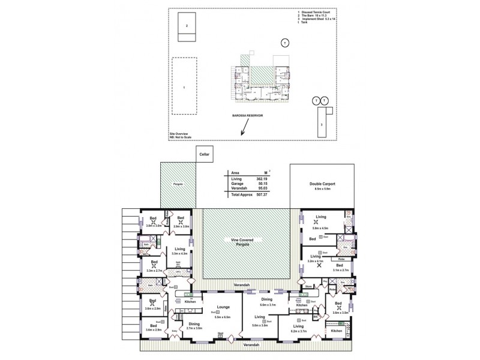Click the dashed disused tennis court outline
pos(184,86)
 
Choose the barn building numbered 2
pos(188,26)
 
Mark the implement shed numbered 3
pos(322,124)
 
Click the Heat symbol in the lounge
pos(220,334)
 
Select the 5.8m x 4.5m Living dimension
pos(321,229)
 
